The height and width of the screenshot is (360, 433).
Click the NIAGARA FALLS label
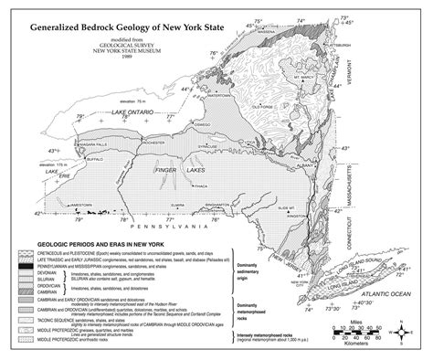pos(69,143)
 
